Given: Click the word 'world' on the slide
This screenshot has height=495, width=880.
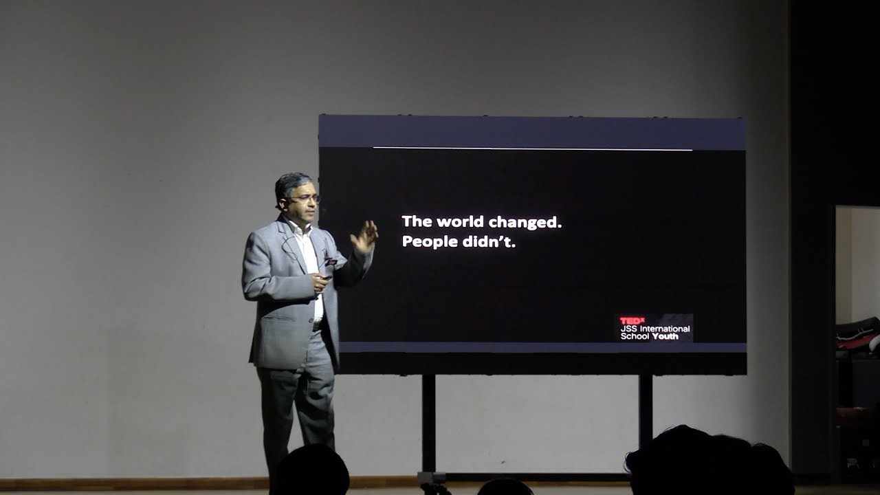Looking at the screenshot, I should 461,222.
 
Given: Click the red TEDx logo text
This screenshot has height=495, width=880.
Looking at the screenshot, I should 632,321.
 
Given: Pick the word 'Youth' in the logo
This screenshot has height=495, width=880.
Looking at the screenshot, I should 665,336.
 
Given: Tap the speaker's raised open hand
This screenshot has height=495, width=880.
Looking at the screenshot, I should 364,237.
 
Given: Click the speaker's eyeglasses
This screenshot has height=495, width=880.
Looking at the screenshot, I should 306,198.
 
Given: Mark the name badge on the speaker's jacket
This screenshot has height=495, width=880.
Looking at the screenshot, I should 331,261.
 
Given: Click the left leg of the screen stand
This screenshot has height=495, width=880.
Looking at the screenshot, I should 429,423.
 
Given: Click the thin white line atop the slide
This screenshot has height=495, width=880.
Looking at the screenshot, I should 532,148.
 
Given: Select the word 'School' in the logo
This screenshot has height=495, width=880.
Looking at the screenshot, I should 635,336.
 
